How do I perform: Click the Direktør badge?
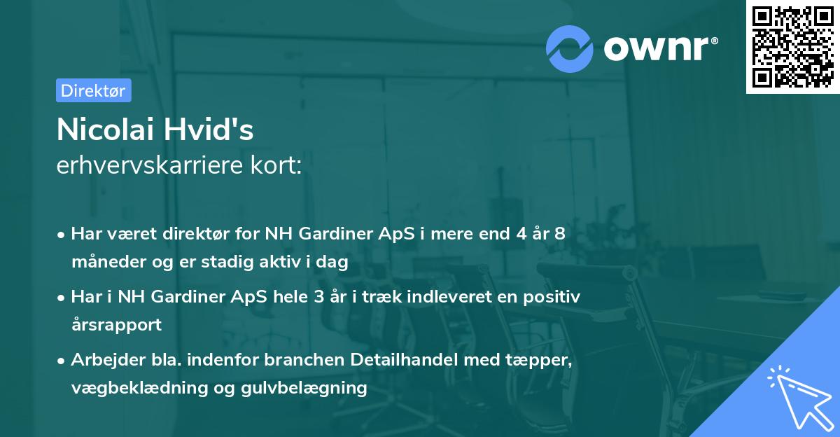click(x=93, y=90)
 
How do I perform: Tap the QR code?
click(x=792, y=47)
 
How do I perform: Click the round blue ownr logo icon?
click(x=570, y=48)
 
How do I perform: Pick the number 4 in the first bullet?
click(x=521, y=233)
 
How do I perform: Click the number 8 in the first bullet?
click(x=559, y=233)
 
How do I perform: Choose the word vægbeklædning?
click(x=135, y=387)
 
